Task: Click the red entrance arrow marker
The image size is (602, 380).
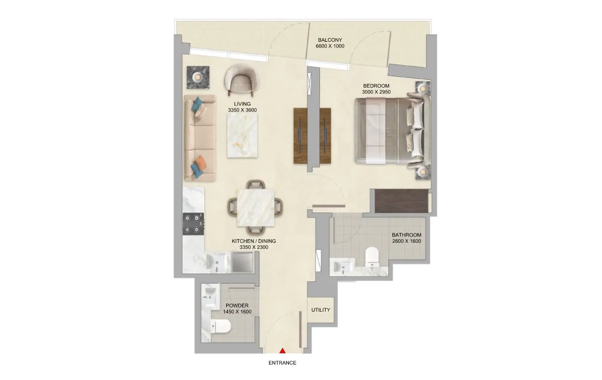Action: coord(283,350)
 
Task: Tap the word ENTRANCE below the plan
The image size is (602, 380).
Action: coord(282,363)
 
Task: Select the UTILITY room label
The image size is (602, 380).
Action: coord(320,310)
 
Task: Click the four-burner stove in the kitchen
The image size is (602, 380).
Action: coord(193,224)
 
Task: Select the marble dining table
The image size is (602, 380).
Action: coord(256,207)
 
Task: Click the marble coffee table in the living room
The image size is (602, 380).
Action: coord(242,135)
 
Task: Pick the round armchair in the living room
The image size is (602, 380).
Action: coord(242,80)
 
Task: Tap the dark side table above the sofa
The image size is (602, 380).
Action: coord(198,77)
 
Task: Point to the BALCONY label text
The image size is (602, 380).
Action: coord(330,40)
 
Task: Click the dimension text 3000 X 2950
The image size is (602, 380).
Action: coord(376,92)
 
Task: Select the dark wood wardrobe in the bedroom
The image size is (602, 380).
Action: coord(401,201)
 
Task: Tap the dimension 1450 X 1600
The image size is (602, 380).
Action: coord(237,312)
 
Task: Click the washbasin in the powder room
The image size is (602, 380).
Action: coord(211,295)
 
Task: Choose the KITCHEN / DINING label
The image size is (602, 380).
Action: coord(254,241)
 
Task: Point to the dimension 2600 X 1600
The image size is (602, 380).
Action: coord(407,241)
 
